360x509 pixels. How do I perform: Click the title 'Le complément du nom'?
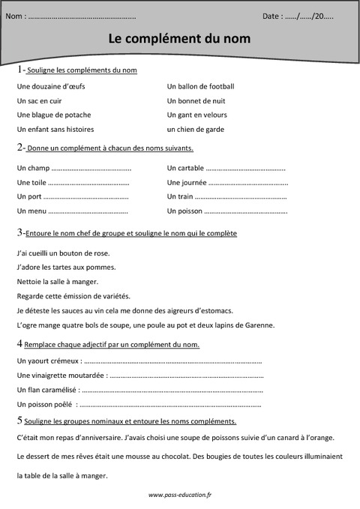coord(180,37)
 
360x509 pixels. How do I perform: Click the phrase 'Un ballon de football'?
coord(201,86)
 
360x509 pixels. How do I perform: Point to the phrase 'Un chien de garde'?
coord(196,129)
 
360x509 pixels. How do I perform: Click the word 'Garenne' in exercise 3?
coord(260,325)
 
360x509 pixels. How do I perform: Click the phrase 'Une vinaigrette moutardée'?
coord(61,375)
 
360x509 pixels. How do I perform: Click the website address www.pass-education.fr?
coord(180,495)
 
